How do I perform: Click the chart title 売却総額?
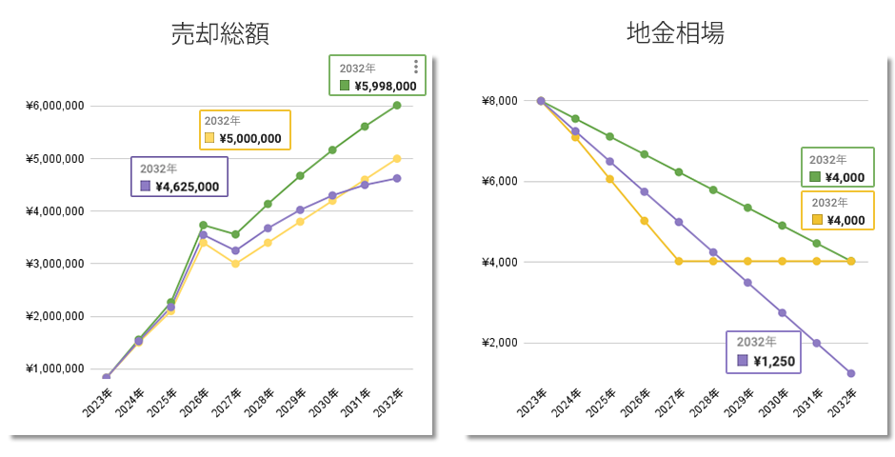click(220, 33)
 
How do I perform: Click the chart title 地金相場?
click(675, 33)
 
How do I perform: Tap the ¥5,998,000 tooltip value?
click(385, 86)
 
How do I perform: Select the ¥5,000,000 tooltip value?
click(249, 138)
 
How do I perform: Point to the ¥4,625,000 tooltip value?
click(187, 187)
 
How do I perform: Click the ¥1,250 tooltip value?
click(774, 361)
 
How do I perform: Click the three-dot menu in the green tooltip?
click(416, 67)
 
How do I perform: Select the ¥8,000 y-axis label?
click(499, 101)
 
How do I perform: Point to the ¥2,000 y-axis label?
click(499, 343)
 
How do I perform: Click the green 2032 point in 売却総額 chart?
click(397, 105)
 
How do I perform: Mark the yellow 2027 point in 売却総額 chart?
click(235, 264)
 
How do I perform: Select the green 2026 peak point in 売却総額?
click(203, 226)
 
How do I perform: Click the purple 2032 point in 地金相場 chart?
click(850, 373)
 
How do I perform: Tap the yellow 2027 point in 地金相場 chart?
click(679, 261)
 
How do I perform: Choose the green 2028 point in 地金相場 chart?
click(713, 189)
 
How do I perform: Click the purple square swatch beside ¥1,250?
click(743, 361)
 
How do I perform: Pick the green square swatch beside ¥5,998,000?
click(345, 86)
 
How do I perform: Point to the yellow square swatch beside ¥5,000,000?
click(209, 138)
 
